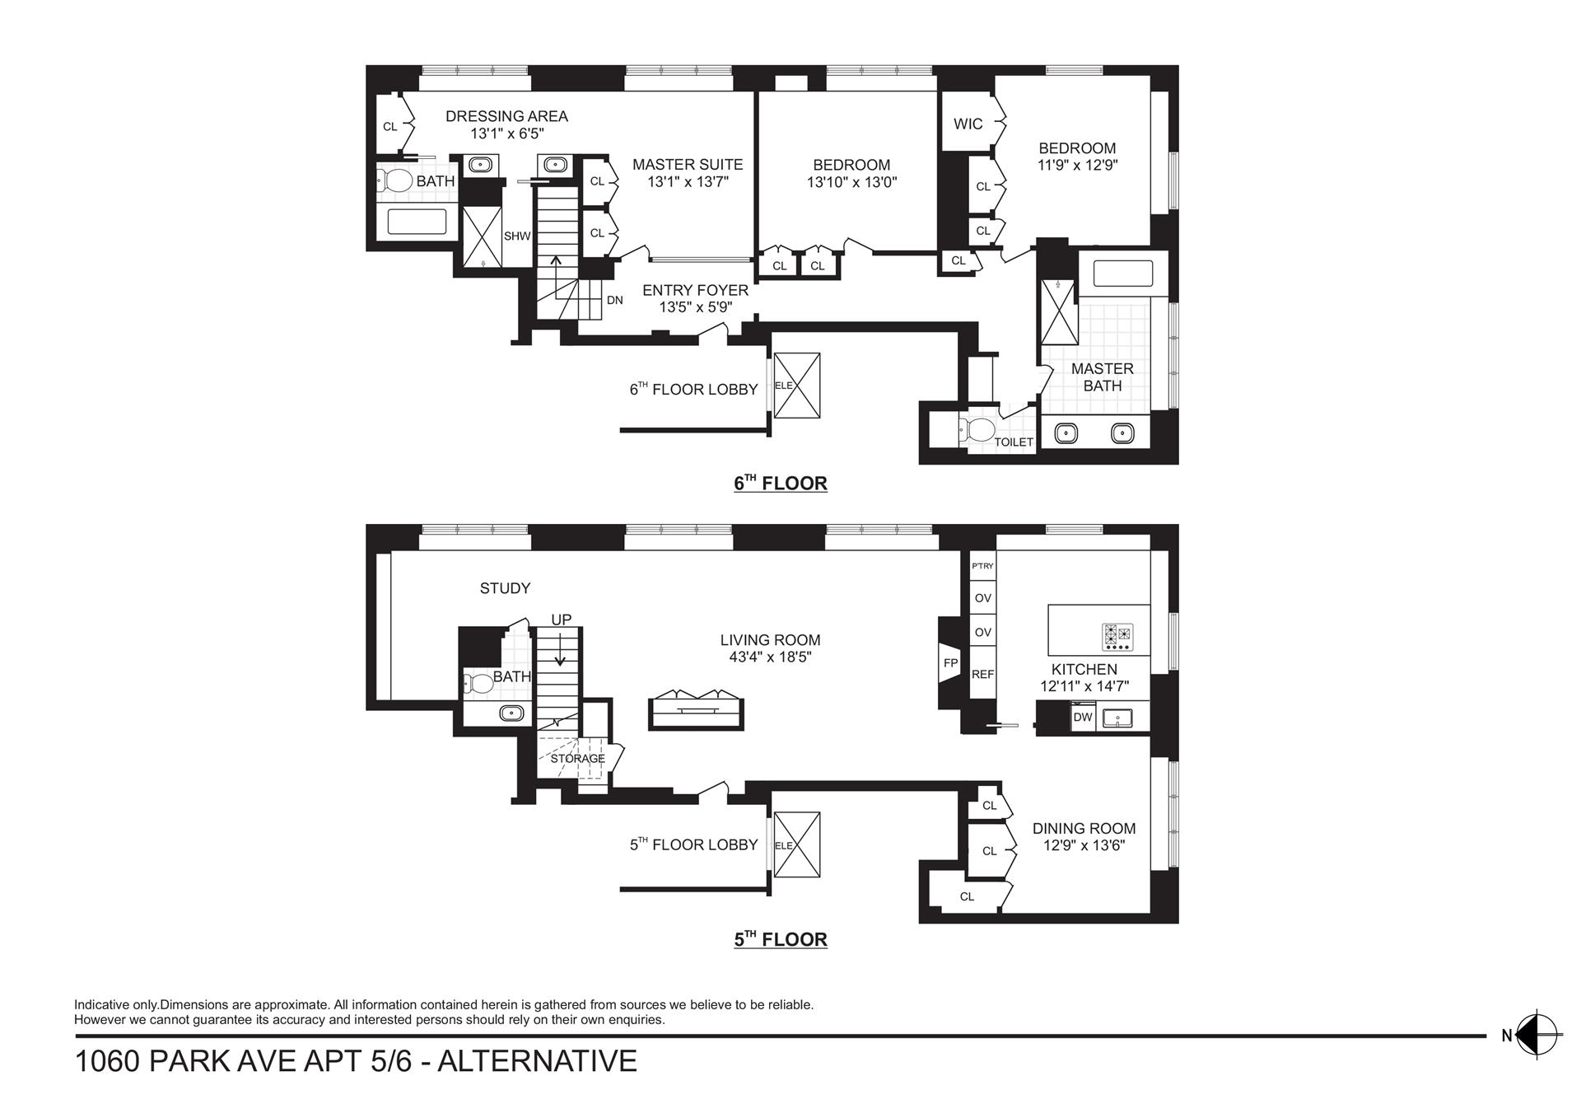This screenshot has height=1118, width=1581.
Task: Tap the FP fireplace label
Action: tap(950, 662)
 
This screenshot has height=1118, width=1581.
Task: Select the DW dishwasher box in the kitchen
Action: tap(1082, 717)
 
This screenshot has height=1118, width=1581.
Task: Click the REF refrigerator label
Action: tap(982, 674)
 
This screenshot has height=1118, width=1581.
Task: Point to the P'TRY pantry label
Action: tap(982, 566)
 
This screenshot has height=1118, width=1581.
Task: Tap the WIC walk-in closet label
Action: tap(968, 124)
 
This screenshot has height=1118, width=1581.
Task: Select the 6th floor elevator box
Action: tap(797, 385)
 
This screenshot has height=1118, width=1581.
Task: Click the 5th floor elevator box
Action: tap(797, 844)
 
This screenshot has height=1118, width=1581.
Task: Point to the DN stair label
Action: tap(614, 301)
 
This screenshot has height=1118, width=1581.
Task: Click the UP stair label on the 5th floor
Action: tap(561, 620)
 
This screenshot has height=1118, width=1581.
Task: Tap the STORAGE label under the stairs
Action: tap(577, 758)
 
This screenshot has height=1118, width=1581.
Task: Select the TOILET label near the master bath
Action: tap(1013, 442)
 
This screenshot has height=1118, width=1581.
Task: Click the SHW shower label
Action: tap(517, 236)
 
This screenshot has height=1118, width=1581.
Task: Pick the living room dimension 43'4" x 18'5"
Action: tap(770, 657)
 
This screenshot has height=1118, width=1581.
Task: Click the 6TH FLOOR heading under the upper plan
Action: tap(780, 484)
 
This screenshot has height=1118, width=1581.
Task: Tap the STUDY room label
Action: tap(505, 588)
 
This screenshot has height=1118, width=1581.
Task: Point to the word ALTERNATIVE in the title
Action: tap(537, 1061)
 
